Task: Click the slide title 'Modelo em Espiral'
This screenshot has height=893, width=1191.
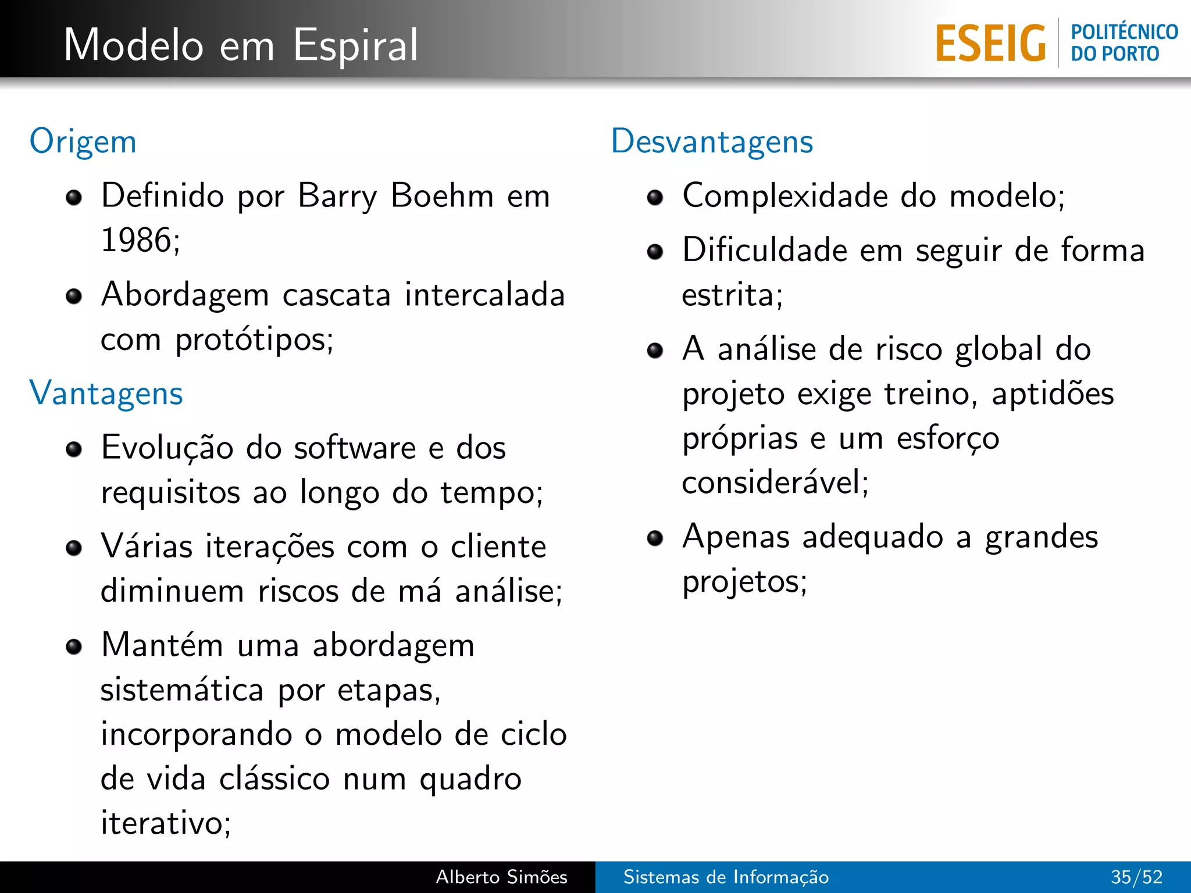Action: pos(241,45)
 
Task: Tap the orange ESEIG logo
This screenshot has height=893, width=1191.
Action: pos(990,44)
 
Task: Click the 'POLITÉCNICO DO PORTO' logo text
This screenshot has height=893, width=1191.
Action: pos(1124,43)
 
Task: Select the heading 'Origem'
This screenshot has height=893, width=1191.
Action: pos(83,142)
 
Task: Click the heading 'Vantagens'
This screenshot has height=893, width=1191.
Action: pos(106,394)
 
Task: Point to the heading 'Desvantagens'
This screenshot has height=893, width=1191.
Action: pos(712,142)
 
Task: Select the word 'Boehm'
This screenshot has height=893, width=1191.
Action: pos(442,196)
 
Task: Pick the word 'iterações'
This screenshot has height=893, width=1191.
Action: pos(269,548)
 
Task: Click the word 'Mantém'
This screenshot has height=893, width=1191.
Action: pos(162,645)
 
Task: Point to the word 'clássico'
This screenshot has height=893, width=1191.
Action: pos(274,779)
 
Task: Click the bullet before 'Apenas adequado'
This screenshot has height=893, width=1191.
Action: pos(655,538)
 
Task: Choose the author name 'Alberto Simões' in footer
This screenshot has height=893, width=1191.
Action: pos(501,877)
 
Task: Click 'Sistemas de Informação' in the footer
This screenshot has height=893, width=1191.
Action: pos(726,877)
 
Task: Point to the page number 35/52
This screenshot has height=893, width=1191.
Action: pos(1136,877)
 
